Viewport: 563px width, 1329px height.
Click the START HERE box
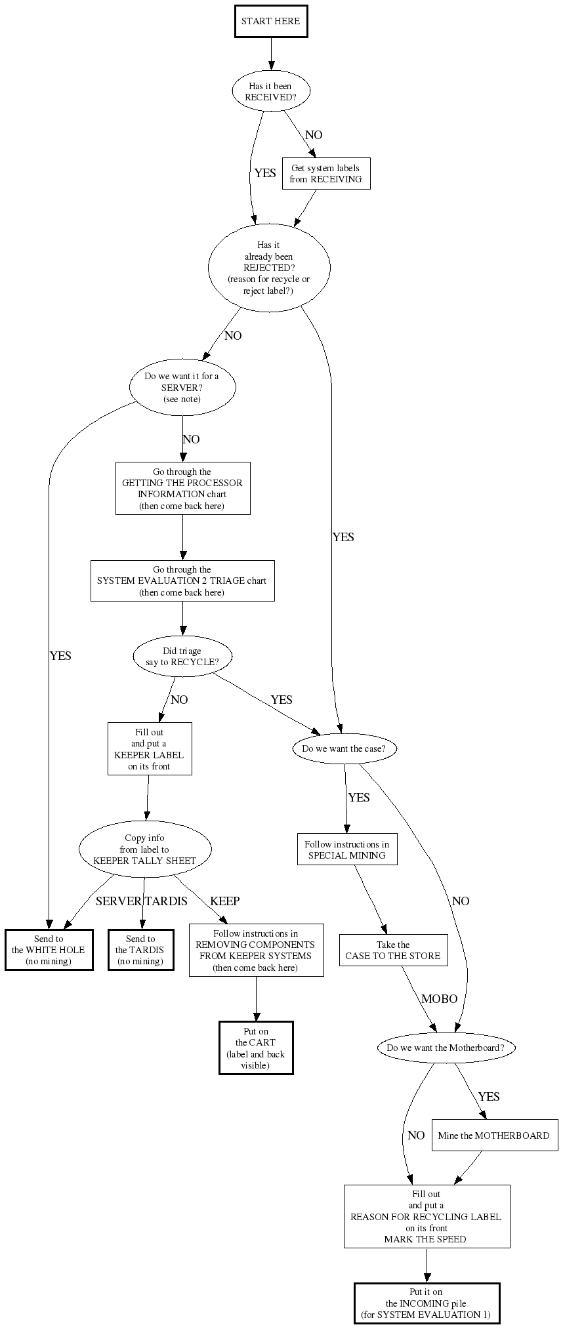pyautogui.click(x=270, y=22)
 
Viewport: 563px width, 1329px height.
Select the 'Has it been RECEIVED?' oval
pyautogui.click(x=270, y=92)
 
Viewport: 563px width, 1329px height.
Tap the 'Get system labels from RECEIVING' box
pyautogui.click(x=325, y=174)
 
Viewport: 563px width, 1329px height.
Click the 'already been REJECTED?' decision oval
pyautogui.click(x=268, y=268)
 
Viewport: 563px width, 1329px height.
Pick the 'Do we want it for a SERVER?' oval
pyautogui.click(x=182, y=388)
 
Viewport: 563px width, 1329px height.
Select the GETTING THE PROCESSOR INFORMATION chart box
pyautogui.click(x=182, y=489)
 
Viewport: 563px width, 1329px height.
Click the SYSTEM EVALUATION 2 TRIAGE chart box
pyautogui.click(x=182, y=581)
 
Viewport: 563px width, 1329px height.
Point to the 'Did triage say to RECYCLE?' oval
pyautogui.click(x=182, y=657)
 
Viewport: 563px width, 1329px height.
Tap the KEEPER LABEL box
pyautogui.click(x=150, y=749)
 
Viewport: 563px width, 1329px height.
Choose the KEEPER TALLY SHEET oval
pyautogui.click(x=144, y=849)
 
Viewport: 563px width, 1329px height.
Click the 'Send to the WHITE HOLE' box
pyautogui.click(x=49, y=950)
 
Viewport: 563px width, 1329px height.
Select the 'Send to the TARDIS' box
pyautogui.click(x=140, y=950)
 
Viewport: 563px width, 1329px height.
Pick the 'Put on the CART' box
pyautogui.click(x=256, y=1048)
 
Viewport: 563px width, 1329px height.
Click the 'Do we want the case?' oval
pyautogui.click(x=344, y=748)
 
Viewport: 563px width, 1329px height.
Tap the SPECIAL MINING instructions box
pyautogui.click(x=346, y=849)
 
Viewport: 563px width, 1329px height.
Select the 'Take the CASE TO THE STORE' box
pyautogui.click(x=393, y=950)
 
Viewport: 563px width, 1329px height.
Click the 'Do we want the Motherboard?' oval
pyautogui.click(x=446, y=1048)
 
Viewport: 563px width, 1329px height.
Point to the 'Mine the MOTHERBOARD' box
pyautogui.click(x=494, y=1135)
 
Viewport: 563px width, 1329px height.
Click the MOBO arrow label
pyautogui.click(x=439, y=999)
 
